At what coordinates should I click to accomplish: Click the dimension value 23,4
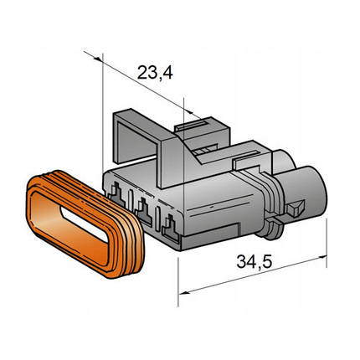(x=155, y=73)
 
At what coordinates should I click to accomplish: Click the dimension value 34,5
(x=254, y=262)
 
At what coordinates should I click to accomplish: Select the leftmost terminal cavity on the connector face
(x=116, y=194)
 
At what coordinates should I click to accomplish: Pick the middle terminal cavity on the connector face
(x=143, y=212)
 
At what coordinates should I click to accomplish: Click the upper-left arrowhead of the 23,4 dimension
(x=98, y=59)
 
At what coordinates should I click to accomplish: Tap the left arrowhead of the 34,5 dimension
(x=183, y=292)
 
